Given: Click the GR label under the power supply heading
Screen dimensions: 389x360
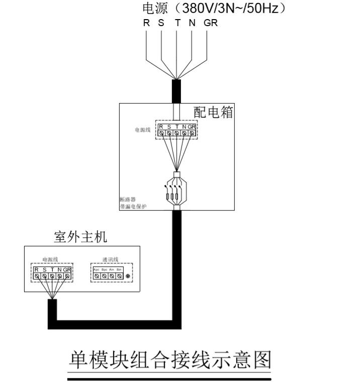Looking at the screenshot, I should pos(211,23).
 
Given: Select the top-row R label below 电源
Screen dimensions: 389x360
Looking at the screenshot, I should pos(146,23).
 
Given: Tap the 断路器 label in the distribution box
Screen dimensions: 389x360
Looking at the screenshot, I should pos(128,200).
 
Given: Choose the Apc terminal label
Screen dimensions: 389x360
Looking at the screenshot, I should pos(97,270).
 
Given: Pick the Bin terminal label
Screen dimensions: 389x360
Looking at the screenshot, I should pos(119,270).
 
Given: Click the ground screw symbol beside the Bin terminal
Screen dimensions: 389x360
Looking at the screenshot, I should pos(128,276).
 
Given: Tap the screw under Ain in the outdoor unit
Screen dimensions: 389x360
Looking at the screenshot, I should pos(112,276).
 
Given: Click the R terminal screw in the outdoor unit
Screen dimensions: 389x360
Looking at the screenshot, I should pos(37,276).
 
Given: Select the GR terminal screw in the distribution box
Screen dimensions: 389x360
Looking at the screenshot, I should pos(192,133).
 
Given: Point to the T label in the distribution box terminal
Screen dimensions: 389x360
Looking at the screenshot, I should pos(176,127).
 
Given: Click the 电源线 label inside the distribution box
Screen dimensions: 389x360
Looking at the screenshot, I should pos(142,130).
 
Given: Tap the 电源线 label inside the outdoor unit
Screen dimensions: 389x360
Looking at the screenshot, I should pos(51,259).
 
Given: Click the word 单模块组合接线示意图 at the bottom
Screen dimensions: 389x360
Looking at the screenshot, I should pos(170,360).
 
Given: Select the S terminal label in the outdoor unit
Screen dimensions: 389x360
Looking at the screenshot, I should pos(44,270).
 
